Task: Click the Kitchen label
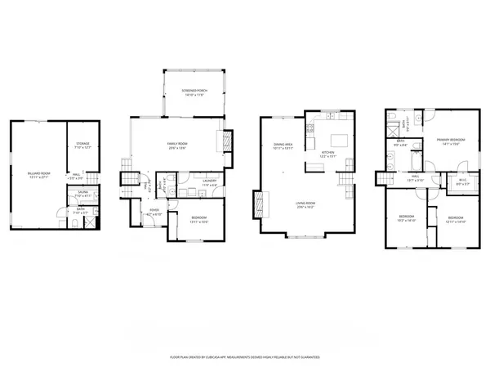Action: click(x=327, y=152)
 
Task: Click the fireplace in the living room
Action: click(x=260, y=202)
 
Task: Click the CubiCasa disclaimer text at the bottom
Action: click(x=245, y=357)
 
